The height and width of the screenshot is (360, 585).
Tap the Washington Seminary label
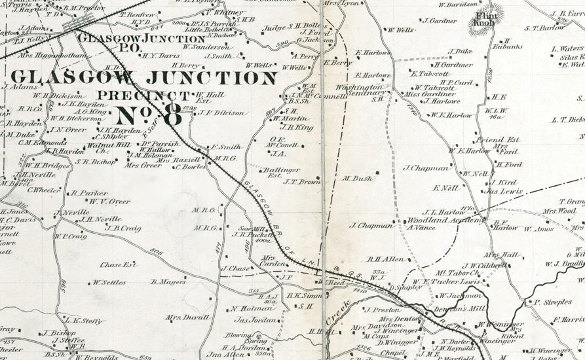359,91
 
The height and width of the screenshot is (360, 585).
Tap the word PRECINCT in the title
137,94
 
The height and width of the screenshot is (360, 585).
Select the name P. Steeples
552,302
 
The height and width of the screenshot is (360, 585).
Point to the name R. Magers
168,282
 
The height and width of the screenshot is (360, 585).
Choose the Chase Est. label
118,265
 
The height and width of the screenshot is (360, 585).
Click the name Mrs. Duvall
187,317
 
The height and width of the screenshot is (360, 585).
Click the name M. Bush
357,178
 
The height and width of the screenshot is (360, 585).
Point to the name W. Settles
109,283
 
